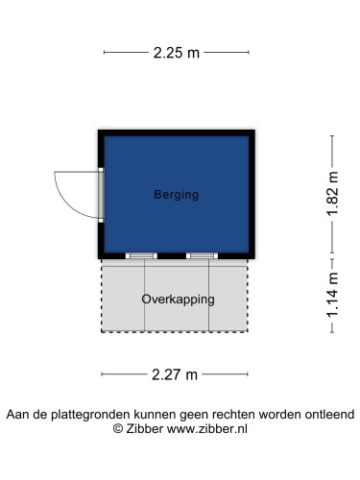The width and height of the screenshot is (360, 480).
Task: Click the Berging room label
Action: [x=176, y=195]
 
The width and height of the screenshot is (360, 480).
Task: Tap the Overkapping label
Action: [x=178, y=299]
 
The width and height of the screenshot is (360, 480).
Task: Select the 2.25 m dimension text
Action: [x=177, y=53]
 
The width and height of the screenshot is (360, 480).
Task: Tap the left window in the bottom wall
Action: [x=141, y=255]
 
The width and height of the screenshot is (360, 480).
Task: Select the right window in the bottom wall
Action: [x=202, y=255]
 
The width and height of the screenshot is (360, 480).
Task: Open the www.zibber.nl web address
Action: [x=208, y=429]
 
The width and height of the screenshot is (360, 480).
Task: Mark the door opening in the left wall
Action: [x=101, y=196]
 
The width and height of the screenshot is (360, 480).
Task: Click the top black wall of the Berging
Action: [x=177, y=132]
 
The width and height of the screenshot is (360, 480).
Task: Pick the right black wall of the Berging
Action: [x=252, y=195]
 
